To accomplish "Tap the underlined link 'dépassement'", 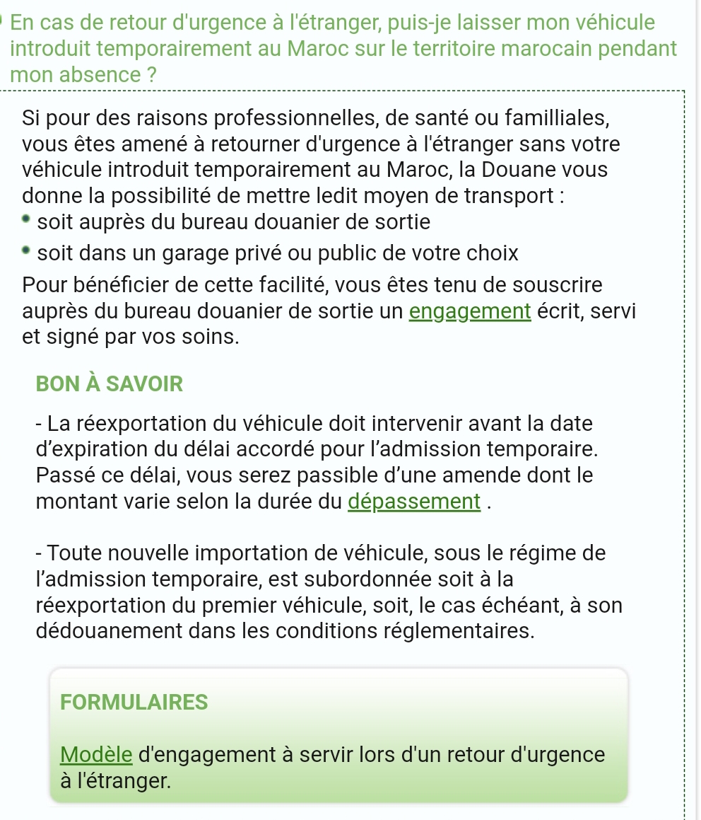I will click(x=416, y=501).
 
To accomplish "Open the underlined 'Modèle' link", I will click(x=97, y=754).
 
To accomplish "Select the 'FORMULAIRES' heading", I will click(x=134, y=702).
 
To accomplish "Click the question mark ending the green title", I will click(x=151, y=74).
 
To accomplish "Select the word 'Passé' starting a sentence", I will click(x=64, y=475).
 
